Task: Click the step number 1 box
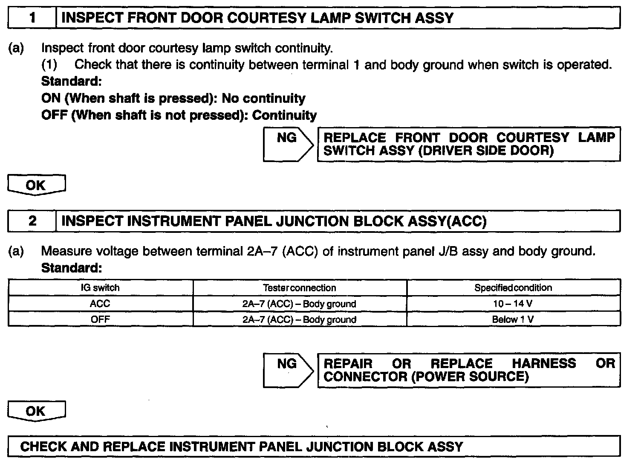tap(32, 18)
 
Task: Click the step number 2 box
tap(32, 221)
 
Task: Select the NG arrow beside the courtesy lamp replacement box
tap(288, 144)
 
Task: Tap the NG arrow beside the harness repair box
tap(288, 370)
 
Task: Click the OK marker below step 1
tap(36, 185)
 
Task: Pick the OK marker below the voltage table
tap(36, 411)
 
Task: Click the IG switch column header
tap(100, 288)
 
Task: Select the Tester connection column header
tap(300, 288)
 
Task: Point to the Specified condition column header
tap(513, 288)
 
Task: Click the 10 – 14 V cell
tap(513, 304)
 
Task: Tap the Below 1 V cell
tap(513, 319)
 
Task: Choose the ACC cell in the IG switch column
tap(100, 304)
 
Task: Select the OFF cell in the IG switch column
tap(100, 319)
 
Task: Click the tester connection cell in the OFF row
tap(300, 319)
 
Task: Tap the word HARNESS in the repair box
tap(544, 363)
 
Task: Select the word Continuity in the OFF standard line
tap(285, 115)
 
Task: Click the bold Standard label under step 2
tap(72, 268)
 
